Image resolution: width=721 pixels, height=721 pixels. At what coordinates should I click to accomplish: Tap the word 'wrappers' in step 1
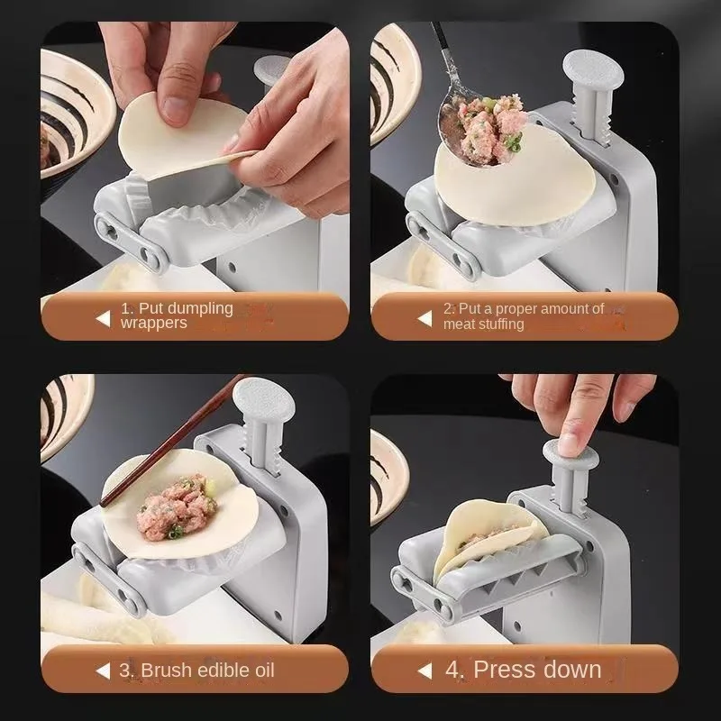click(153, 323)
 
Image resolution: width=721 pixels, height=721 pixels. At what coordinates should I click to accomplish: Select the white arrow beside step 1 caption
click(104, 319)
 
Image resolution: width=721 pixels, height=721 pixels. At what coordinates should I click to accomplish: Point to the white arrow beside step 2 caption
click(424, 319)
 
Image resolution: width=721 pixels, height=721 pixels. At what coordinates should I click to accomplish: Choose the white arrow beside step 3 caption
click(104, 671)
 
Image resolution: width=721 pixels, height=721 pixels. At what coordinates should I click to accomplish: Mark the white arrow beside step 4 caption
click(424, 671)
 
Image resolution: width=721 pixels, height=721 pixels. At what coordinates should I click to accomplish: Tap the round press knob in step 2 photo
click(593, 70)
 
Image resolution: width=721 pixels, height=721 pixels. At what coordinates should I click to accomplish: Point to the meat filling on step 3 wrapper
click(177, 507)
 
